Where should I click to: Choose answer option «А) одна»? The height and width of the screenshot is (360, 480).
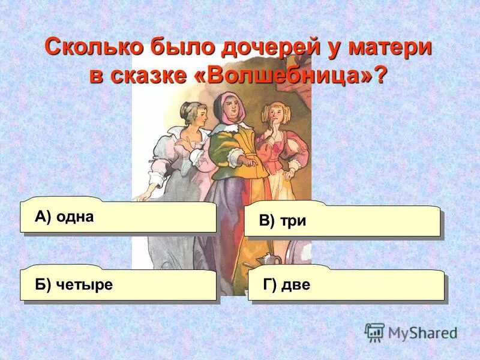[x=118, y=217]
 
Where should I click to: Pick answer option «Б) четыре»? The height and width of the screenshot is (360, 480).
[x=118, y=284]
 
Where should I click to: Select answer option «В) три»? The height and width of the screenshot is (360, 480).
[x=342, y=221]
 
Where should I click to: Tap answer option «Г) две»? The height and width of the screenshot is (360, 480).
[x=346, y=284]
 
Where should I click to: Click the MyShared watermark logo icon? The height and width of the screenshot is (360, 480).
[x=374, y=332]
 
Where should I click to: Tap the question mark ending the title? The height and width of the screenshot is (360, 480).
[x=382, y=76]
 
